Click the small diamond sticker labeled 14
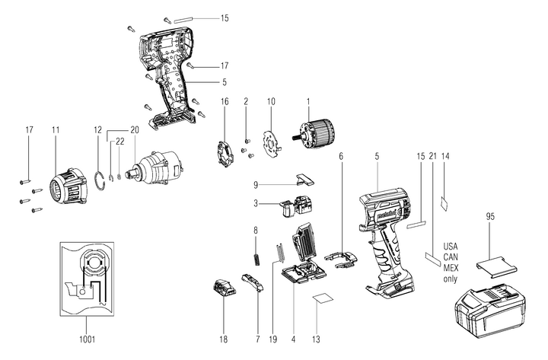click(446, 202)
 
